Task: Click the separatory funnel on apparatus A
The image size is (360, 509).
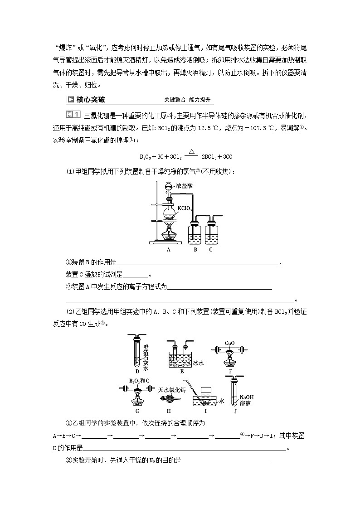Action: coord(169,186)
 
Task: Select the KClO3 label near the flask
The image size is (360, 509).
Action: coord(185,209)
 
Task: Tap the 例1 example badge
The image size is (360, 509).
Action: coord(73,114)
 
